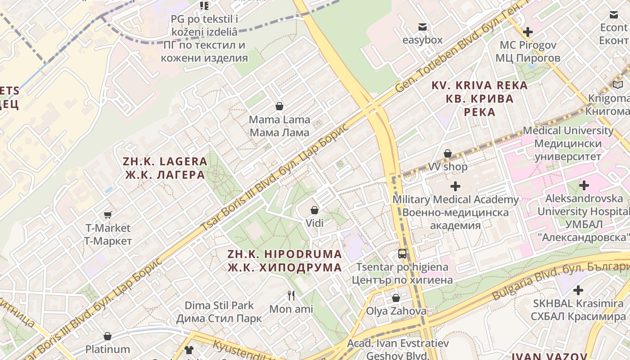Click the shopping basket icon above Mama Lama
click(x=279, y=106)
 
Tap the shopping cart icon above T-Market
click(x=108, y=215)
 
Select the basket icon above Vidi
click(x=315, y=210)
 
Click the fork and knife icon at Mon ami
click(x=291, y=296)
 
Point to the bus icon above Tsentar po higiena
click(x=402, y=254)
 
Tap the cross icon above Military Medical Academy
click(x=455, y=186)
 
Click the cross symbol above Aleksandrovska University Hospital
click(x=584, y=185)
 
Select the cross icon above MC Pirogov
click(x=528, y=32)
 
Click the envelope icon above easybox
click(x=422, y=27)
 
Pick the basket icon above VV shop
click(x=448, y=153)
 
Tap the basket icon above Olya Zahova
click(x=396, y=298)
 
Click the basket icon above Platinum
click(x=108, y=336)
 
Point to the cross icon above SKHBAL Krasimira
click(x=578, y=290)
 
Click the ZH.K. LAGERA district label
click(x=165, y=168)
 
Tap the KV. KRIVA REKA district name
click(x=480, y=98)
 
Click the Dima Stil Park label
click(x=219, y=312)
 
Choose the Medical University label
click(x=568, y=144)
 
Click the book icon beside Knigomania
click(x=618, y=85)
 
